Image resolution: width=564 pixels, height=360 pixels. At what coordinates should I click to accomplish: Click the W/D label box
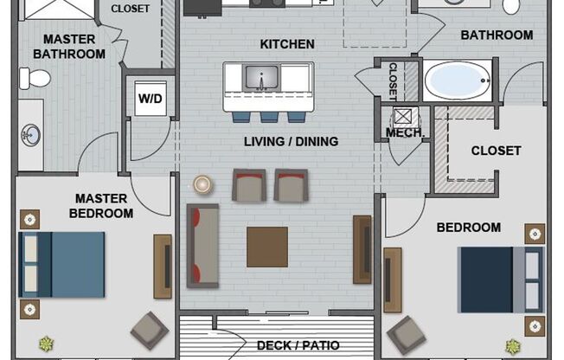[x=151, y=98]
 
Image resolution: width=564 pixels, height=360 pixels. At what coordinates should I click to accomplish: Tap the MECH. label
[x=404, y=133]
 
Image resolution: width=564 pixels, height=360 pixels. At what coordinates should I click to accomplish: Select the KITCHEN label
[x=287, y=44]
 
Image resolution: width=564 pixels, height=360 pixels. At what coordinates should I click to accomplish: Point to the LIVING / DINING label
[x=291, y=141]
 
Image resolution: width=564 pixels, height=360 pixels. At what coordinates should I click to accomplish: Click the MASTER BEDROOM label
[x=102, y=205]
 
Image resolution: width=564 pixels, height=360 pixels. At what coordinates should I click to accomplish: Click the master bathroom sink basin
[x=30, y=134]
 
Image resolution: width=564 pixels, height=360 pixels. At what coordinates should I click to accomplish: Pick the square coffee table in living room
[x=267, y=247]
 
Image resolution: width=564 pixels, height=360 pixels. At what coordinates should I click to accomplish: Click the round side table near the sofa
[x=203, y=183]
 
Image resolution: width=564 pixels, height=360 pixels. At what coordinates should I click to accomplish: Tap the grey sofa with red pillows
[x=203, y=246]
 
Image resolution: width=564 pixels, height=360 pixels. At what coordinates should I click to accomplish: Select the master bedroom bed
[x=61, y=264]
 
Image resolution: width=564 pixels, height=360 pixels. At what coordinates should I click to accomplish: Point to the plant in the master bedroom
[x=45, y=344]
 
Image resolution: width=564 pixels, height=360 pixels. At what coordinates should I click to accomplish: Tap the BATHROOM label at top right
[x=497, y=35]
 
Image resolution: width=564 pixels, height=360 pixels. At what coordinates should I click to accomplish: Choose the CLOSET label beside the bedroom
[x=496, y=151]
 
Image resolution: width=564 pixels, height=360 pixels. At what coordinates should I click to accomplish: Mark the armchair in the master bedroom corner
[x=150, y=330]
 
